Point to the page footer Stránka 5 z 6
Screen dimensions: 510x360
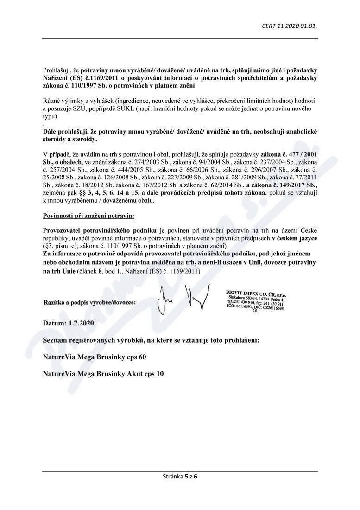pyautogui.click(x=179, y=476)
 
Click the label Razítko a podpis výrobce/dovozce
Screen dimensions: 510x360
pyautogui.click(x=90, y=302)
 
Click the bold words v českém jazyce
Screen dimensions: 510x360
pyautogui.click(x=294, y=238)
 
